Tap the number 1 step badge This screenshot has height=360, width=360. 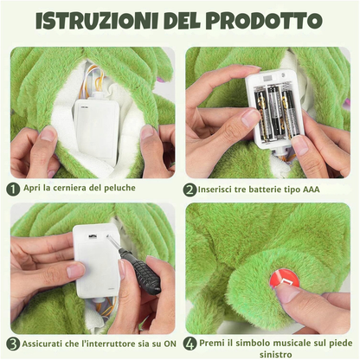tap(13, 188)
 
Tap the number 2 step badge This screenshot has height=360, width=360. tap(190, 189)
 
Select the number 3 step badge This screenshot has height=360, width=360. tap(13, 343)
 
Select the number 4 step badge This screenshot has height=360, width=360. tap(190, 343)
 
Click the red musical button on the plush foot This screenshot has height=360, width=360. tap(284, 279)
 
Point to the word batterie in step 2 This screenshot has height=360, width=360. tap(266, 189)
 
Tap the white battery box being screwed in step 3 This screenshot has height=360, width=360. tap(95, 259)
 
